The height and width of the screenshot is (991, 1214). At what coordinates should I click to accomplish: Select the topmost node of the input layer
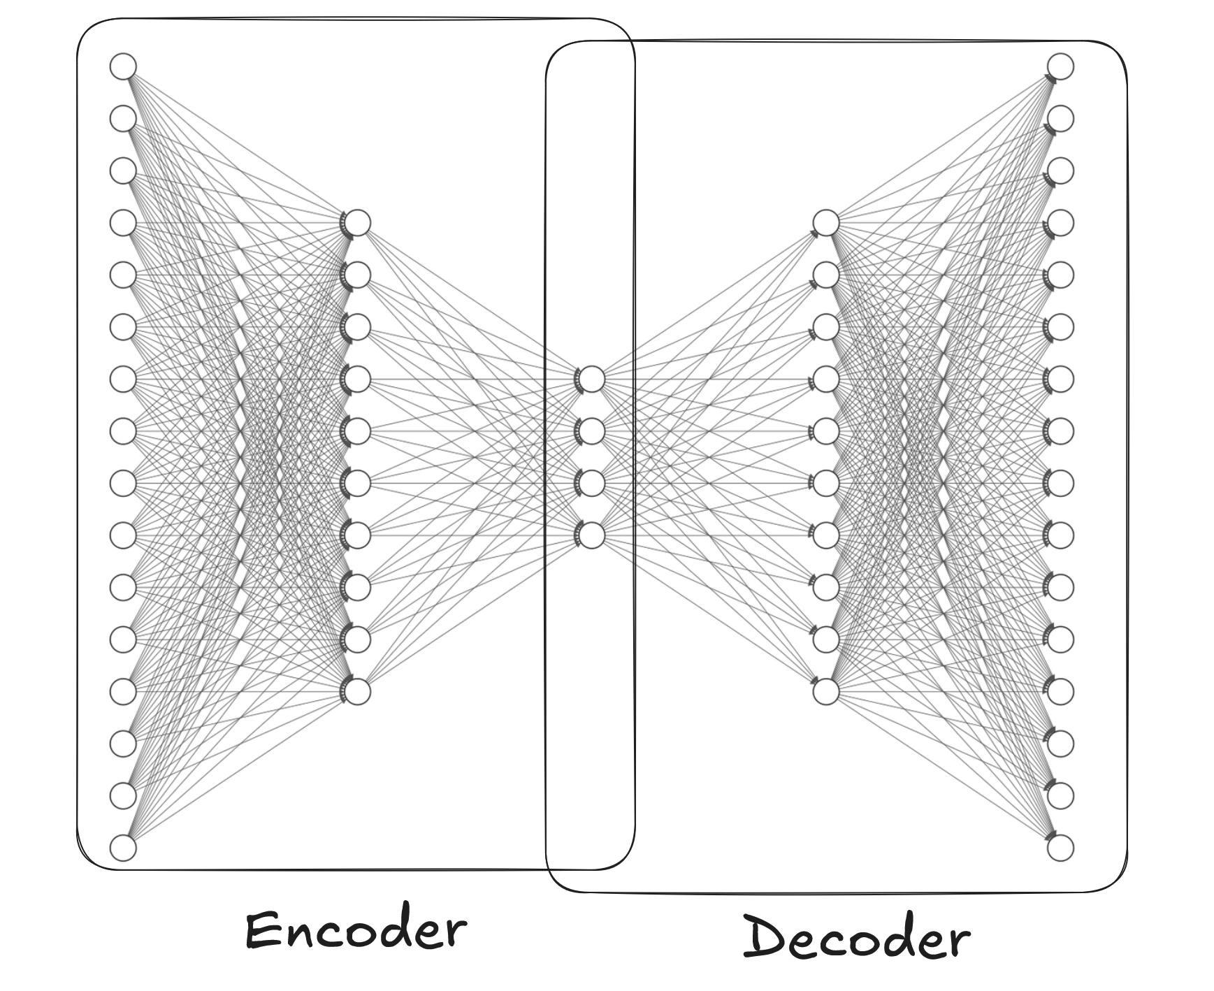(x=123, y=66)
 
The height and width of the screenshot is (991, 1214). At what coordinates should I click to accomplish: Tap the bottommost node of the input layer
(x=123, y=848)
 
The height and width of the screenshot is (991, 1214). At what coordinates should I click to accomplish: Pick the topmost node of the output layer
(x=1060, y=66)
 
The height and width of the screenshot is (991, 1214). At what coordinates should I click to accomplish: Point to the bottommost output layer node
(x=1060, y=848)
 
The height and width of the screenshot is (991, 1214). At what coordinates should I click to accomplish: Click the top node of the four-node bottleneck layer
(x=592, y=379)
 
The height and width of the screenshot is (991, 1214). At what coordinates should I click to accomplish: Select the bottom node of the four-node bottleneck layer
(x=592, y=535)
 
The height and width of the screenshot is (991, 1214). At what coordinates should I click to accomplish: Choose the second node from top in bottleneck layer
(x=592, y=431)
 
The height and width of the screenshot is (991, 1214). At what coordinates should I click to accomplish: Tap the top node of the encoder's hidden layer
(x=358, y=223)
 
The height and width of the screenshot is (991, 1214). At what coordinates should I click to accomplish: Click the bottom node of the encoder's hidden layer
(x=358, y=691)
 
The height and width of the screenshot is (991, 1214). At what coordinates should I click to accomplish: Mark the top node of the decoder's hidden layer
(x=826, y=223)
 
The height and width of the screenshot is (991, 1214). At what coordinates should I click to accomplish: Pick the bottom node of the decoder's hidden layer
(x=826, y=691)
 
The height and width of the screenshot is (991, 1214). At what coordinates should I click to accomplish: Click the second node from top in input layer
(x=123, y=118)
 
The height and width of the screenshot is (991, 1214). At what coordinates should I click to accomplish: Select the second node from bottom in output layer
(x=1060, y=795)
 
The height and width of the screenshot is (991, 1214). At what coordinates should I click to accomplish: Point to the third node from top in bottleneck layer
(x=592, y=483)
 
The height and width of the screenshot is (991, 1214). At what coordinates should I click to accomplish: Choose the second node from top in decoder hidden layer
(x=826, y=275)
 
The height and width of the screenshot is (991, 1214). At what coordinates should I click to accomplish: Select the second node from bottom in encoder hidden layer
(x=358, y=639)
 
